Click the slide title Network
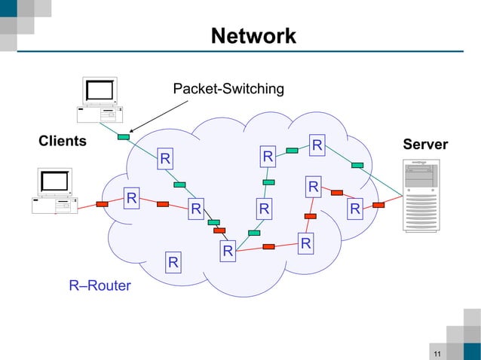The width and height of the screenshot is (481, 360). [253, 36]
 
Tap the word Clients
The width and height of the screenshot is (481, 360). [63, 141]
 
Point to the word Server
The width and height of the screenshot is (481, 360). [425, 145]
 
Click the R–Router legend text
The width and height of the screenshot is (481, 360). [100, 285]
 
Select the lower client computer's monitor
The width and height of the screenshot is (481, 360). [54, 182]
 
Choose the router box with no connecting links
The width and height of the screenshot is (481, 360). [173, 262]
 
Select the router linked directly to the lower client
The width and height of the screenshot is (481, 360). [131, 198]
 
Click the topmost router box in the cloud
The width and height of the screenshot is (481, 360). [317, 144]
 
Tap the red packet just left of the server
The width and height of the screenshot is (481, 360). [378, 204]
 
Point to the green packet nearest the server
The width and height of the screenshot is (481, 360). [357, 165]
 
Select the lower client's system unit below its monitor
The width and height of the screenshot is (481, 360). [54, 206]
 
